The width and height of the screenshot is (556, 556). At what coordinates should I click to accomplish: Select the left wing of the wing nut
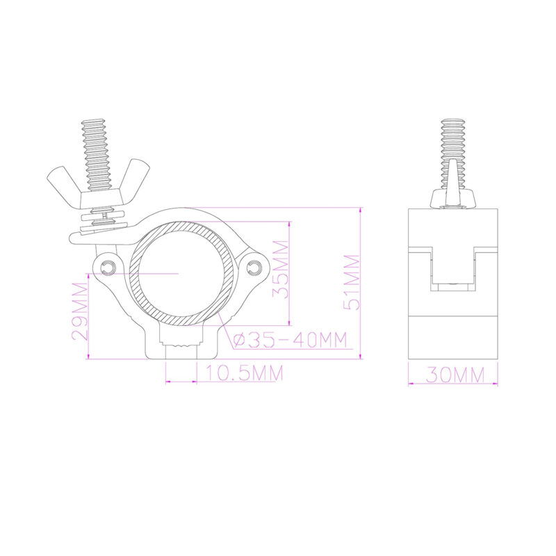[x=61, y=184]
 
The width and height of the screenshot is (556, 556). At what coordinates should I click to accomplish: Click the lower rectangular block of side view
[x=453, y=337]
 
